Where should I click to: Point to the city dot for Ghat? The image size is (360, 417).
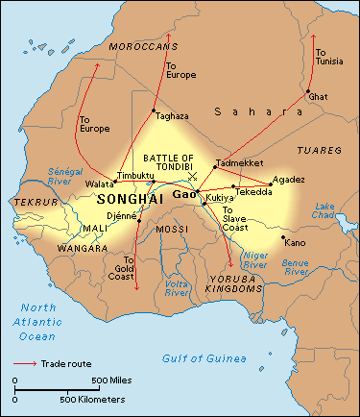pos(308,92)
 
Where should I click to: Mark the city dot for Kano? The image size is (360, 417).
pos(282,237)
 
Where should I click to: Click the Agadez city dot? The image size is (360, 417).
pos(271,179)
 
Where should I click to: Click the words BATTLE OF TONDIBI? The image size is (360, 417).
pos(168,162)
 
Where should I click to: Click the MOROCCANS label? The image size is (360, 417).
pos(142,46)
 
